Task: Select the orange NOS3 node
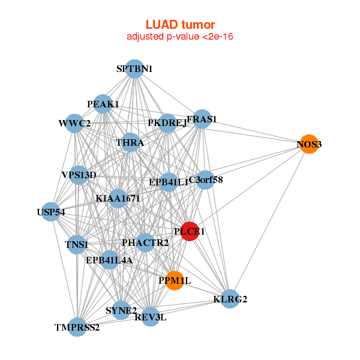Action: coord(309,144)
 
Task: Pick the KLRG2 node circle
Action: coord(230,299)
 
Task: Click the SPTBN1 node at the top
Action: coord(134,69)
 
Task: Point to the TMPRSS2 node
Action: coord(77,328)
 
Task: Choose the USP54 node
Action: coord(51,212)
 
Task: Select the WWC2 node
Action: coord(74,124)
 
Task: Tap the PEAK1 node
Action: coord(103,104)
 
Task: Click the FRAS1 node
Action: coord(202,119)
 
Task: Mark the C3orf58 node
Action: coord(205,179)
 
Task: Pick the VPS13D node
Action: coord(79,175)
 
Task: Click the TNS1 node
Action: coord(76,245)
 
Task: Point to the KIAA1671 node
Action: coord(118,198)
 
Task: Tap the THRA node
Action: coord(130,143)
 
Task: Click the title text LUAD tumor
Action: coord(180,25)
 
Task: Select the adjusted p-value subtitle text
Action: coord(180,37)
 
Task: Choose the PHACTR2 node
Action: coord(145,242)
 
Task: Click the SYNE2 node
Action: coord(121,310)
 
